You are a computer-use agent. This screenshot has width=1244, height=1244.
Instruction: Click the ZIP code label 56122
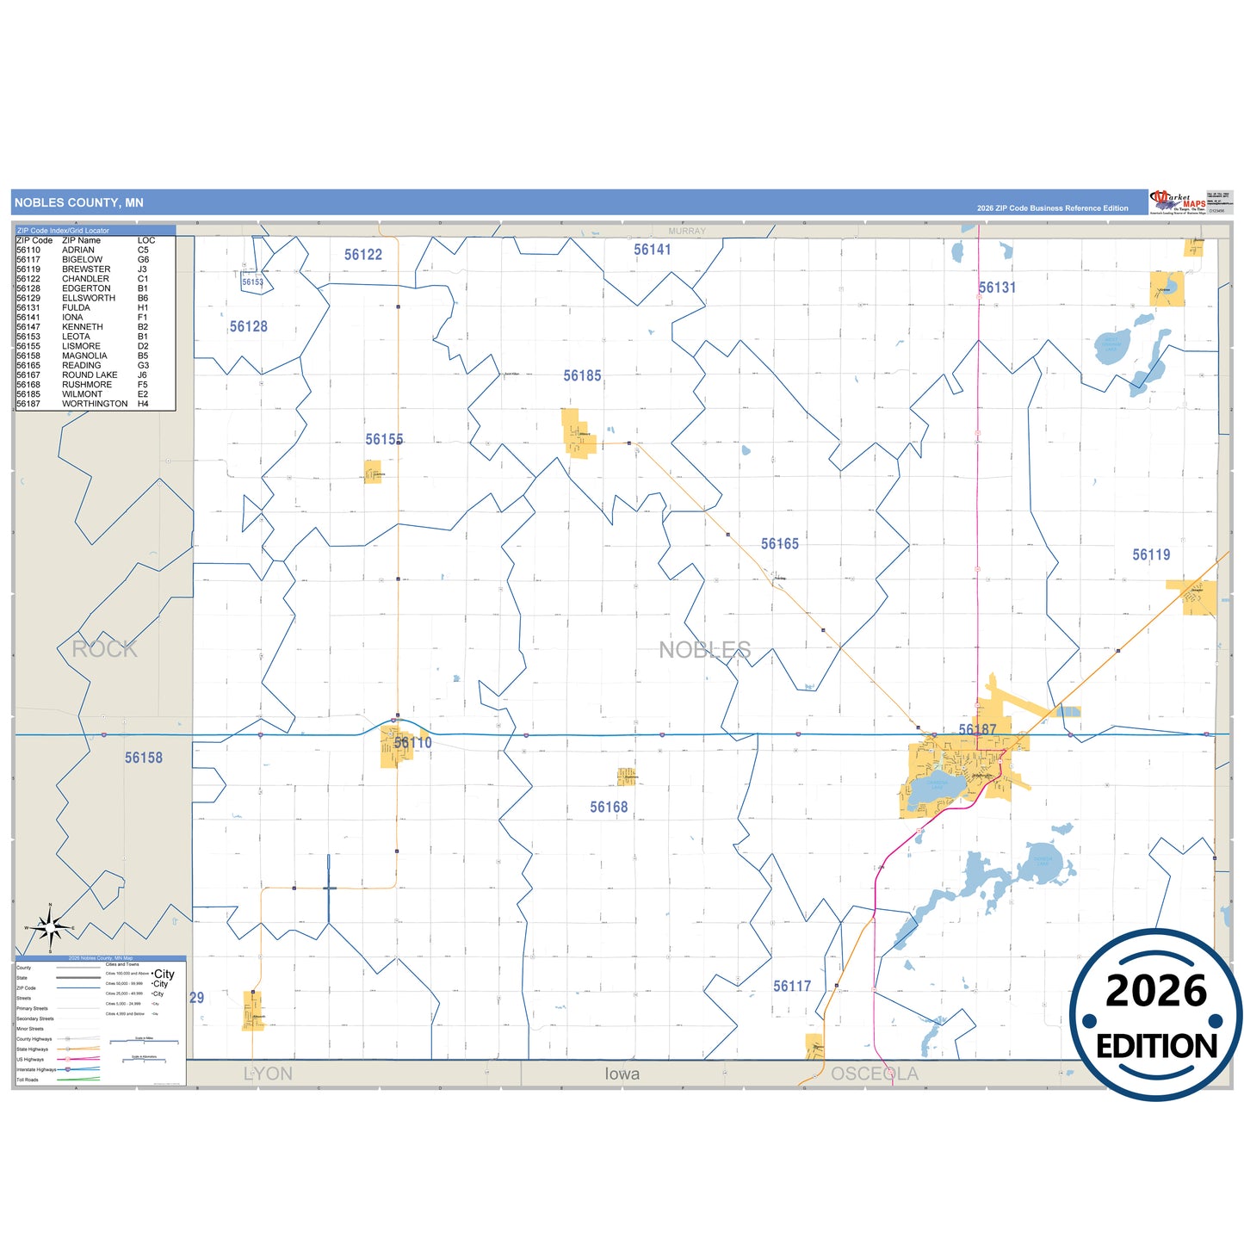pos(363,255)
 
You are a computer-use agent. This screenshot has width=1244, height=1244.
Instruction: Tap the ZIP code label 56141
pos(653,250)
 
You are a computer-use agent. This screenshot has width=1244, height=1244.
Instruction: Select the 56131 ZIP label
pos(997,288)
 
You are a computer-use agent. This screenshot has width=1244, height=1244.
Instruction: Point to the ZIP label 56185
pos(583,376)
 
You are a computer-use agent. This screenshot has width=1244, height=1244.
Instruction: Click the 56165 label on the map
pos(780,544)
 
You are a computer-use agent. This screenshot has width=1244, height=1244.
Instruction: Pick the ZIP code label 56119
pos(1151,555)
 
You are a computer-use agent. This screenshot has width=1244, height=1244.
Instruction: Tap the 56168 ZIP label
pos(609,808)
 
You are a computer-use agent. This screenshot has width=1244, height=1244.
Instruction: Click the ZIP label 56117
pos(792,987)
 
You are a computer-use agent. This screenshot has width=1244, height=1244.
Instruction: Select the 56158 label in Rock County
pos(144,758)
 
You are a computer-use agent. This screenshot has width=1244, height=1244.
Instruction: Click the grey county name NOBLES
pos(705,650)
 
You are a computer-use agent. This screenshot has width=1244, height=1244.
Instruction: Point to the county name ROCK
pos(105,649)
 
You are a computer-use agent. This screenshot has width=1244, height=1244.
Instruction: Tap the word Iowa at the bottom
pos(622,1074)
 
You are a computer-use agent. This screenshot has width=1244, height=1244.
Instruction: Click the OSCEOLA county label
pos(875,1074)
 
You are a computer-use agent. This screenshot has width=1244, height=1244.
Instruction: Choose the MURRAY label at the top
pos(687,232)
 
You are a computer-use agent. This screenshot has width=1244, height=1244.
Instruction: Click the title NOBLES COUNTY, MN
pos(79,203)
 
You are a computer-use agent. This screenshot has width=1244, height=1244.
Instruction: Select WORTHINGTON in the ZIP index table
pos(95,404)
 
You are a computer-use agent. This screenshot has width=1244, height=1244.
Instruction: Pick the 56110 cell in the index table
pos(28,251)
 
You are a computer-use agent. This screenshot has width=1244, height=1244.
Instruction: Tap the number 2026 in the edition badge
pos(1156,992)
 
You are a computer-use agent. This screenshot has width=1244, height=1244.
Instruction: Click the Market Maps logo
pos(1178,202)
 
